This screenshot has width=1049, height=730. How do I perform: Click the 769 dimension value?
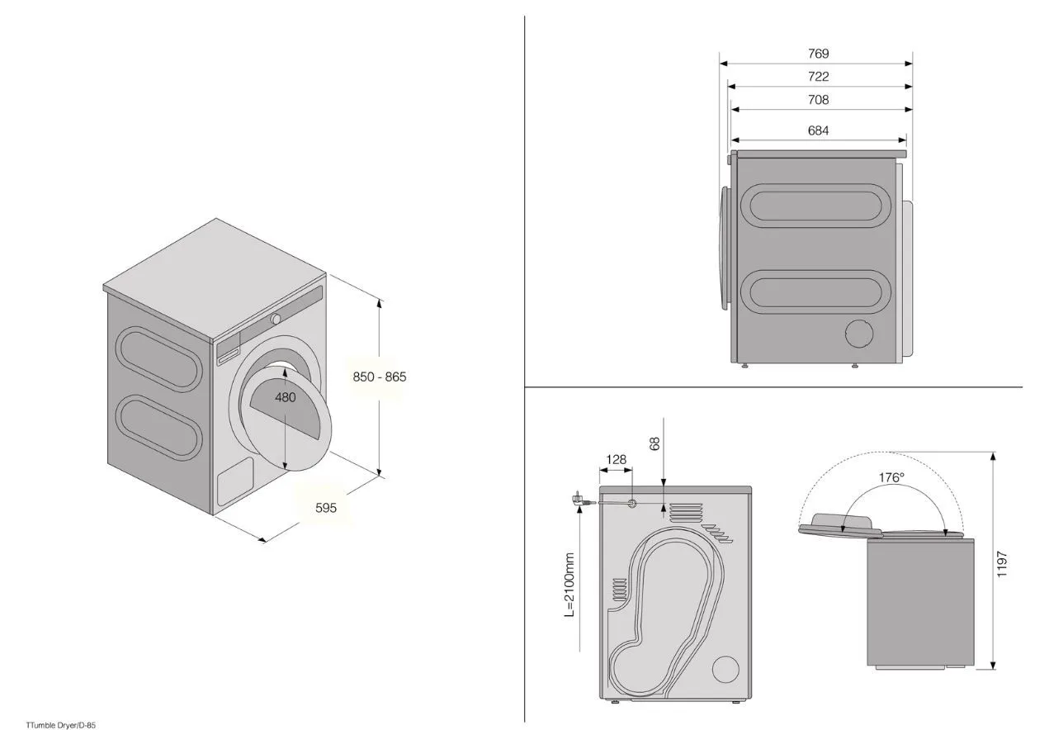click(x=818, y=54)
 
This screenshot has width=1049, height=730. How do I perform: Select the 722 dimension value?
click(x=818, y=77)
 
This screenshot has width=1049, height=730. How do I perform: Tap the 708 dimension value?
click(x=818, y=100)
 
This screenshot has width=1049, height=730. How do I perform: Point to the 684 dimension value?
click(x=818, y=130)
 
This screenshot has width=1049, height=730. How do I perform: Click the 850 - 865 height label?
click(x=380, y=377)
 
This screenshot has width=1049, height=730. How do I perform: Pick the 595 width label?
click(x=326, y=508)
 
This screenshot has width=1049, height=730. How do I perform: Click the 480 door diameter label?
click(x=286, y=397)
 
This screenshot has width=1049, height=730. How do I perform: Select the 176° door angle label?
click(x=891, y=477)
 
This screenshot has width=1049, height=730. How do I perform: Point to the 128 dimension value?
click(x=616, y=460)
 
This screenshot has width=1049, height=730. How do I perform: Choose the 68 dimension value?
click(x=655, y=443)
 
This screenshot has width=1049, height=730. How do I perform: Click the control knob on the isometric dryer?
click(x=276, y=319)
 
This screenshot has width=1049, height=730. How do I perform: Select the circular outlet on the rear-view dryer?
click(x=725, y=670)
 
